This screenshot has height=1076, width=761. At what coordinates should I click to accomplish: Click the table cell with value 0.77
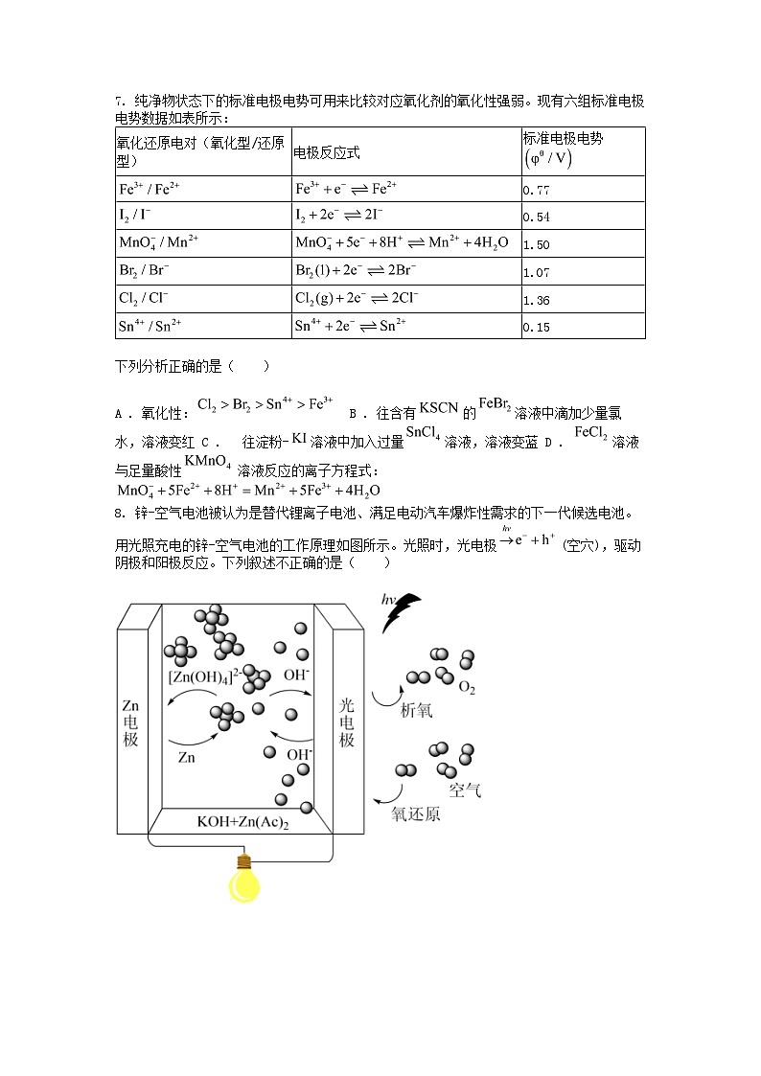point(537,191)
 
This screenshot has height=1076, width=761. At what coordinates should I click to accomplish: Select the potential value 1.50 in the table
point(537,245)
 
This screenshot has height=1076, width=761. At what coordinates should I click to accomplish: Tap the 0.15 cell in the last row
point(537,328)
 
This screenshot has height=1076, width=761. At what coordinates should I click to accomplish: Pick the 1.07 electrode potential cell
point(537,273)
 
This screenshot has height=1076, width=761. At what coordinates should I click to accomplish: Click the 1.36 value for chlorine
point(537,301)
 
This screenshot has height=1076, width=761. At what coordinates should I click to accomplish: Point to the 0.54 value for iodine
point(537,217)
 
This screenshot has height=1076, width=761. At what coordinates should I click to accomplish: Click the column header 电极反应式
point(327,152)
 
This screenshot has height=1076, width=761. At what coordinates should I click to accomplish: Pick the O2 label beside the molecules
point(468,687)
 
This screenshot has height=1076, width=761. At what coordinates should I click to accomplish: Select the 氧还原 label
point(416,814)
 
